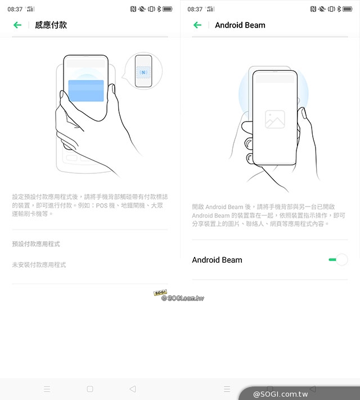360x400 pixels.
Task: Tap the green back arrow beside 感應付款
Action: [x=17, y=25]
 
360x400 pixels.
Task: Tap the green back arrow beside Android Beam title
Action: [x=197, y=25]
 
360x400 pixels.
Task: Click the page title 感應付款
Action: [x=51, y=25]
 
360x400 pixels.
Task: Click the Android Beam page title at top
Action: [x=240, y=25]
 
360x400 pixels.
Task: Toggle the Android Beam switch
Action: [x=338, y=260]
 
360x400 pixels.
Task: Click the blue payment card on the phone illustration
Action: [x=86, y=91]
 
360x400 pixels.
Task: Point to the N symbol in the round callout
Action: [x=143, y=73]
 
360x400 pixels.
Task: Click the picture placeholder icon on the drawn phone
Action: [x=275, y=119]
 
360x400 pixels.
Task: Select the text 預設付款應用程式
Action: [x=36, y=244]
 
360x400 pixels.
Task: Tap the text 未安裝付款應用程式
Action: [x=39, y=265]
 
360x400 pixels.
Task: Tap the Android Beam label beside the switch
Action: [x=217, y=260]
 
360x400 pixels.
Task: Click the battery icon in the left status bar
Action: [x=168, y=9]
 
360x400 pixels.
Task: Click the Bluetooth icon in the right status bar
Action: [x=339, y=9]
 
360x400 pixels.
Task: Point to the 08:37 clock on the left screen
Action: [x=15, y=10]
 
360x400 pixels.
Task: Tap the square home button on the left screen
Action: [x=90, y=389]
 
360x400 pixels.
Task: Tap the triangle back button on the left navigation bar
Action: [x=133, y=389]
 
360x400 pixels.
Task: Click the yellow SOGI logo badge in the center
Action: [x=160, y=293]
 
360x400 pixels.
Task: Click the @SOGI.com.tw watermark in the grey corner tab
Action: [x=280, y=394]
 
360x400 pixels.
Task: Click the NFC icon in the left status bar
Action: [x=133, y=9]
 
